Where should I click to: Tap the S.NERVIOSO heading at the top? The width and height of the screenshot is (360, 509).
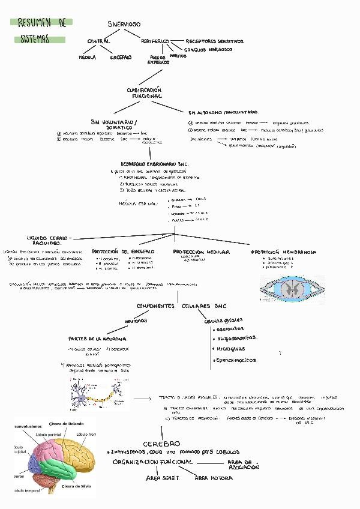pos(124,24)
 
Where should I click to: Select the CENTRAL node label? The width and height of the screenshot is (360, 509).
pos(99,41)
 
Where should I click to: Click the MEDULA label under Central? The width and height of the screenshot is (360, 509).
pos(88,58)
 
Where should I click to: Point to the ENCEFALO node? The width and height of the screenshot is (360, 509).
pos(121,58)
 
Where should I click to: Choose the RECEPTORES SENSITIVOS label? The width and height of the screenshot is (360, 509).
pos(215,41)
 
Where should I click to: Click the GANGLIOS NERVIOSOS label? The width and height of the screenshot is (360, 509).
pos(208,50)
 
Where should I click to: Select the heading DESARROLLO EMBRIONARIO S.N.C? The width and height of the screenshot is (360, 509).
pos(155,163)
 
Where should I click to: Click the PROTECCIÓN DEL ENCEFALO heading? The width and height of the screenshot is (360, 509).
pos(123,251)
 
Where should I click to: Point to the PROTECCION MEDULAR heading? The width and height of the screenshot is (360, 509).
pos(201,251)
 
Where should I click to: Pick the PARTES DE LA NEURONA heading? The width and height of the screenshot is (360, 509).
pos(97,338)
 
